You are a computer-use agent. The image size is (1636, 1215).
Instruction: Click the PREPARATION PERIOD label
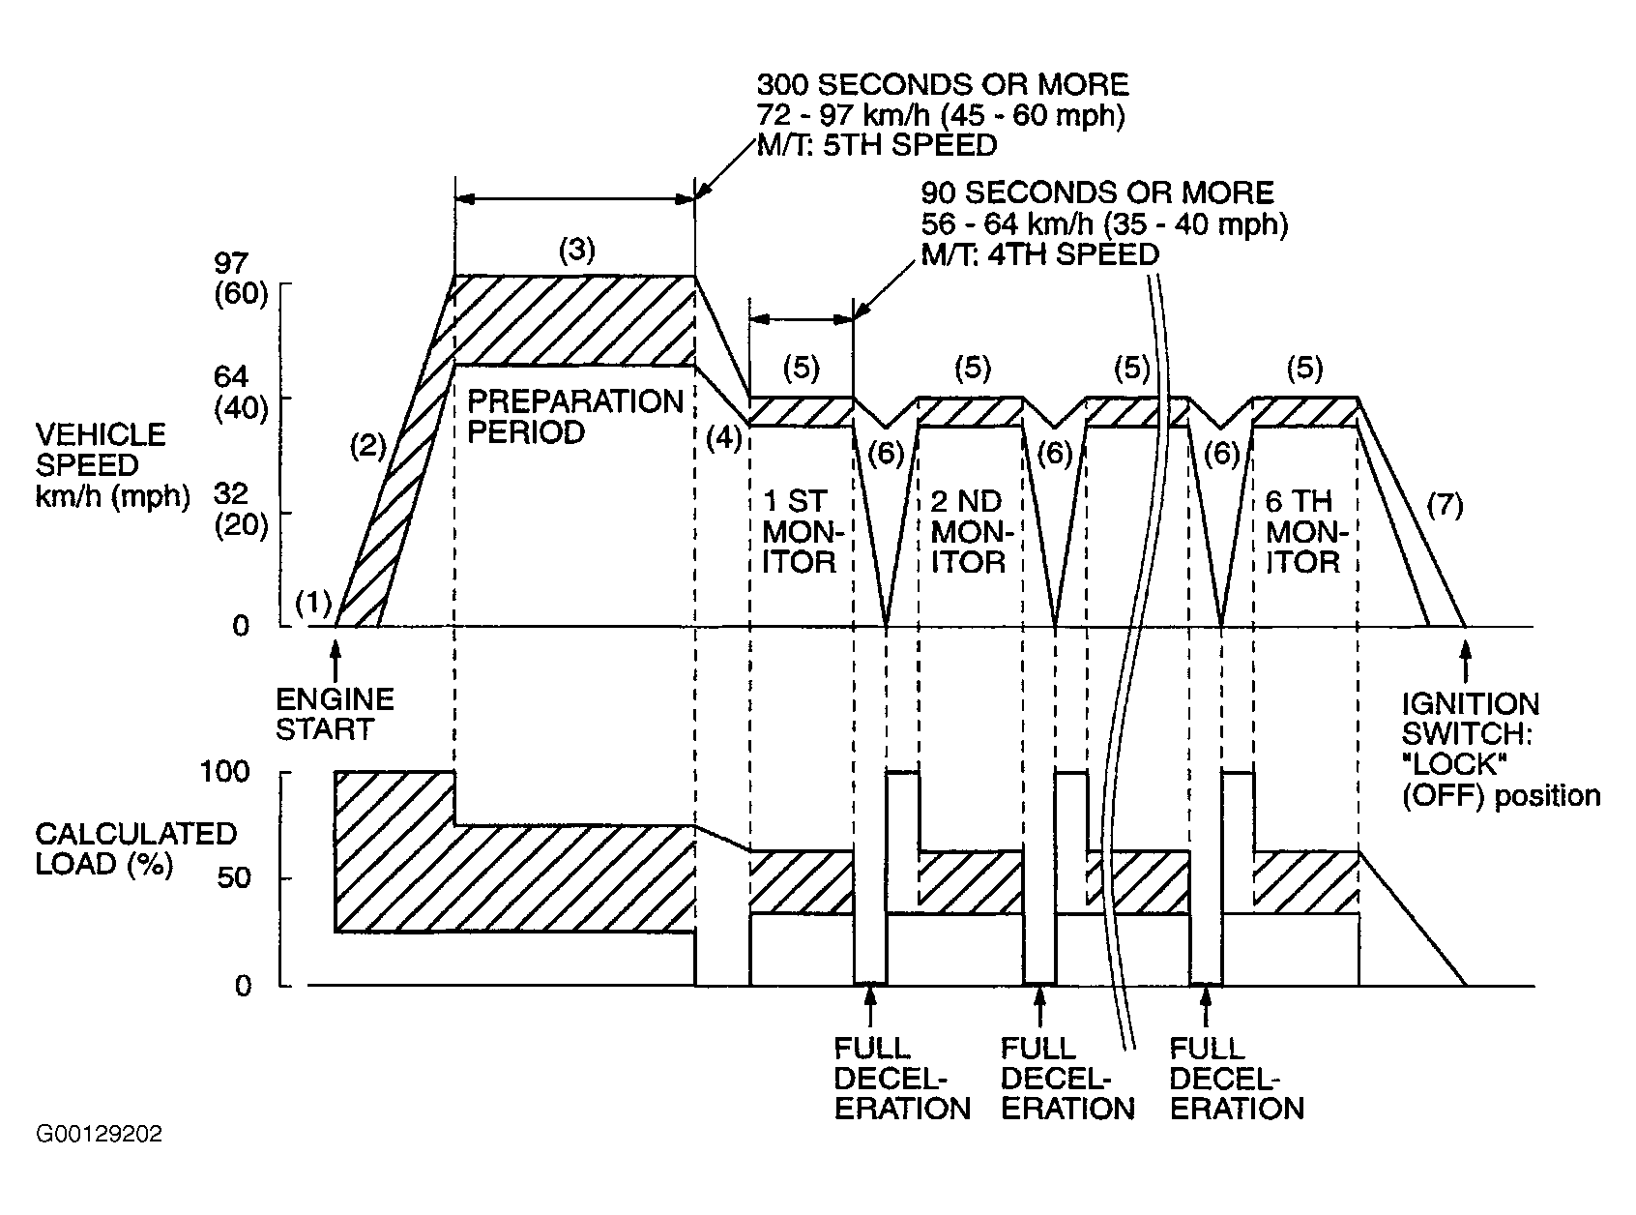(575, 417)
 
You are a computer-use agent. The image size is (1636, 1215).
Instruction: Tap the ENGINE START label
(335, 714)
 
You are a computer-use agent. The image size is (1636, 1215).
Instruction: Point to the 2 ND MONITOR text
(972, 531)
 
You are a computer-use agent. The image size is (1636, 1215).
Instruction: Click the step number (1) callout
(313, 603)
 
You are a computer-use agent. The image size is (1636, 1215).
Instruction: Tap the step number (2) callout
(367, 446)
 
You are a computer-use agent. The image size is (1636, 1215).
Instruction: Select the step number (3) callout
(577, 251)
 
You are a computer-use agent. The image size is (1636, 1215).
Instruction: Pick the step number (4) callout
(723, 438)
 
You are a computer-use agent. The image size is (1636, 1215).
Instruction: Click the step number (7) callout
(1445, 505)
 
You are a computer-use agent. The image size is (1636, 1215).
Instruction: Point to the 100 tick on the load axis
(225, 772)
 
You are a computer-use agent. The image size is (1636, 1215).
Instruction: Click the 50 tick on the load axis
(235, 877)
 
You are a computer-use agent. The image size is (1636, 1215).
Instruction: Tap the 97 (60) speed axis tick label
(241, 279)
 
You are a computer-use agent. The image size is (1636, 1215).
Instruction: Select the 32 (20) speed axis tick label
(241, 510)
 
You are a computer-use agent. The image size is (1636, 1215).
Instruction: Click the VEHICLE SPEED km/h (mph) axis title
(112, 465)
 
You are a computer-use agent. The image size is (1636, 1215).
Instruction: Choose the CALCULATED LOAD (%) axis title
(135, 849)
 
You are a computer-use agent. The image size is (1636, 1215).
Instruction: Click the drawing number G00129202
(99, 1134)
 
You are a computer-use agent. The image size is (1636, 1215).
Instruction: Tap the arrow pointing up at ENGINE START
(336, 661)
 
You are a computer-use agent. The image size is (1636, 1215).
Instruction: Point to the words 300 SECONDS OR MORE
(943, 85)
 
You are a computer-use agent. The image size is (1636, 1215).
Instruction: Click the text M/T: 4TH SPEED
(1040, 254)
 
